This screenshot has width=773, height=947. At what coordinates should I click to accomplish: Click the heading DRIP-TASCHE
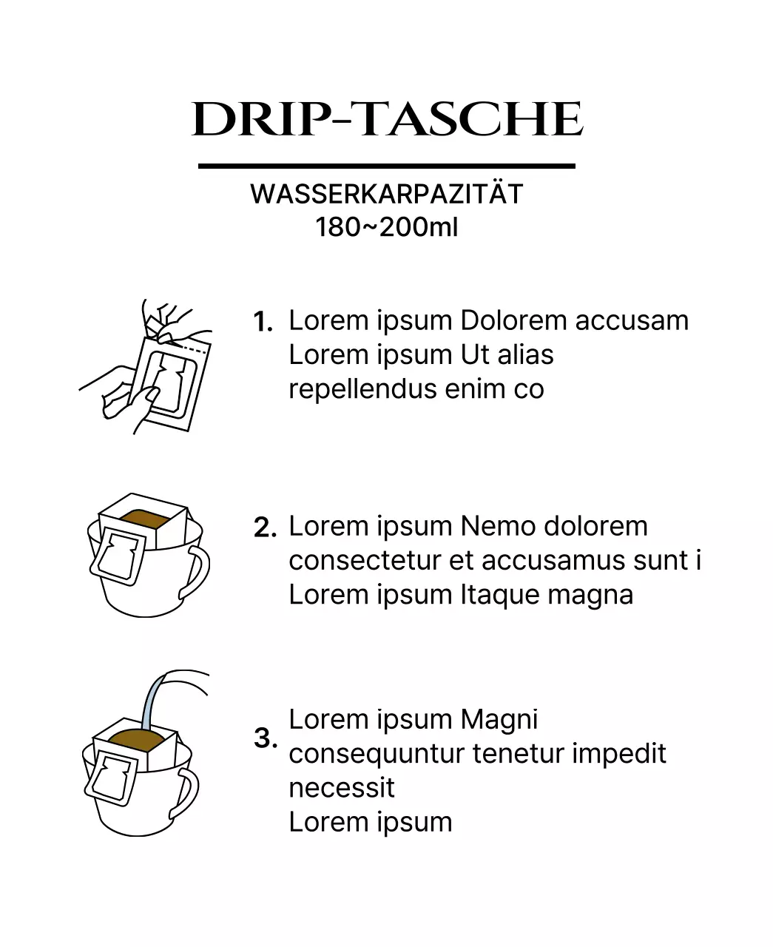387,119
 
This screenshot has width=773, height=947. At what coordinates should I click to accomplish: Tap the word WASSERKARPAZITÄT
386,194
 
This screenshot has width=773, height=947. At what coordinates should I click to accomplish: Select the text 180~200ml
386,226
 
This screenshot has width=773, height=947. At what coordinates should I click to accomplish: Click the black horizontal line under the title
386,166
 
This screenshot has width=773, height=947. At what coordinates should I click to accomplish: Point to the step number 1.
263,322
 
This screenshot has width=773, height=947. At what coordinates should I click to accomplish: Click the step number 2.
265,528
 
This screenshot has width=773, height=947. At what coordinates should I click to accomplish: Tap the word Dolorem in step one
513,320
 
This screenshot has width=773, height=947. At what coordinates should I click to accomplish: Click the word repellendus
362,389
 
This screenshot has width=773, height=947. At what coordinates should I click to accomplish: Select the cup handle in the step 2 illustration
197,570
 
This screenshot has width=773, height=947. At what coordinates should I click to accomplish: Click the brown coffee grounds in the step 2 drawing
144,518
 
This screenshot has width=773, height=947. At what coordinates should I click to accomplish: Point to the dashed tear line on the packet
193,349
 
